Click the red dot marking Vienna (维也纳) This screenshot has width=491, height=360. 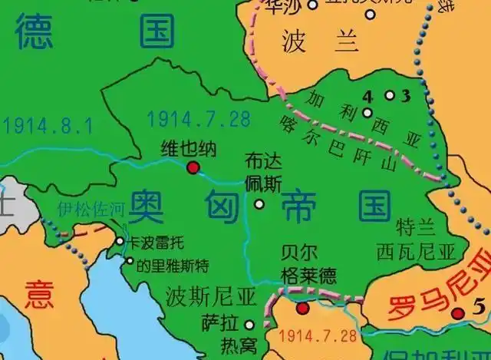pos(193,167)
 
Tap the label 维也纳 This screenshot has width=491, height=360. pos(183,147)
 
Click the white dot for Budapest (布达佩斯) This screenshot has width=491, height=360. pos(259,204)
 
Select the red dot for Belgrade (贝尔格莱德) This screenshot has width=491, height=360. pos(302,309)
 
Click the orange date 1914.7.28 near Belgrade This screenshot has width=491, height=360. pos(318,335)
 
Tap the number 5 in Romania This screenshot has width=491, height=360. pos(479,309)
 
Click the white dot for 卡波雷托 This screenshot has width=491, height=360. pos(120,241)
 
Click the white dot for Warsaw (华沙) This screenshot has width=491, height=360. pos(312,5)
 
